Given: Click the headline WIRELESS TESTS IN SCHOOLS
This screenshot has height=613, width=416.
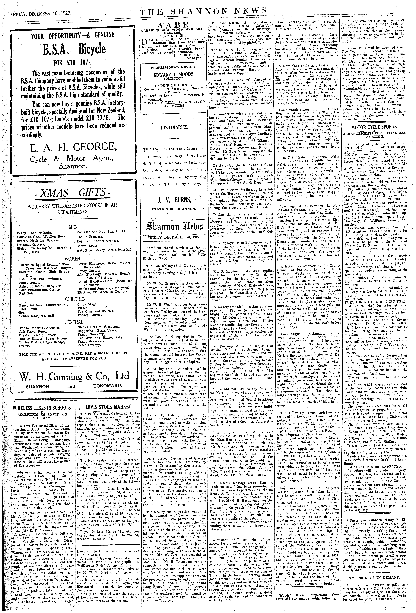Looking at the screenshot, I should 42,407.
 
